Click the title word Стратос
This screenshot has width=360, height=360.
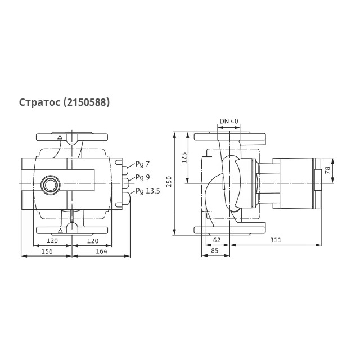click(39, 102)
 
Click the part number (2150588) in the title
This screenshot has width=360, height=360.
click(86, 102)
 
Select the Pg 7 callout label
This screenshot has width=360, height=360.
click(142, 164)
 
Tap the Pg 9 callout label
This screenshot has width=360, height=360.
click(142, 177)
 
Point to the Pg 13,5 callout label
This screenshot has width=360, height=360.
click(147, 191)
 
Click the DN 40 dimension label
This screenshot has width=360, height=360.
click(229, 121)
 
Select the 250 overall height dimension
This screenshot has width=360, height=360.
click(169, 181)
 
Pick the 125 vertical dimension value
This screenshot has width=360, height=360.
click(184, 157)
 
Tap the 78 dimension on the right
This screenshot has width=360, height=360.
click(327, 170)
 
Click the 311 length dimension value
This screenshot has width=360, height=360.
click(276, 240)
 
